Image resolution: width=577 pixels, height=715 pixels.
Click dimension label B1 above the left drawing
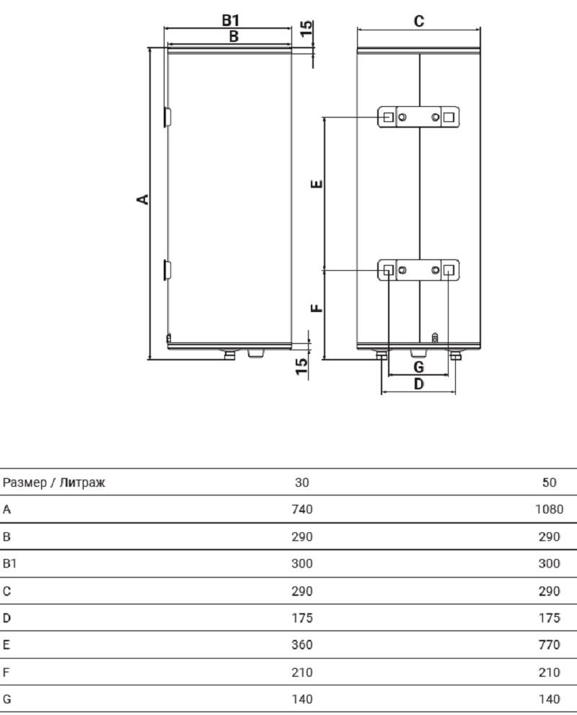(230, 20)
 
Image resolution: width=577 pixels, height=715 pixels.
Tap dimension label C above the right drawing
(418, 21)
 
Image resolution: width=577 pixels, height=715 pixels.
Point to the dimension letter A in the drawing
(143, 199)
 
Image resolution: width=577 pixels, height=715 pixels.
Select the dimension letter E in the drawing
(317, 184)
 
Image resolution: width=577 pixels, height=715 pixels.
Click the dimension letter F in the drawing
(317, 308)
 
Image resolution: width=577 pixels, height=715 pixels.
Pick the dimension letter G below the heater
(418, 367)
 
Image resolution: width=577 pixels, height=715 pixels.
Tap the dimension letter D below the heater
(418, 384)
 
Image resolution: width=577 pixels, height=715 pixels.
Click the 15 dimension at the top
(307, 28)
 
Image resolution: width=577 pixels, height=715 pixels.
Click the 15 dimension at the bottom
(301, 367)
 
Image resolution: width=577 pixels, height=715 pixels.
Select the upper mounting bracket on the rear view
(418, 117)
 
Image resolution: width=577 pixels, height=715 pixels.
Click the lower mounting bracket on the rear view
(418, 270)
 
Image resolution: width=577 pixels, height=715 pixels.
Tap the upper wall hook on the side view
(167, 117)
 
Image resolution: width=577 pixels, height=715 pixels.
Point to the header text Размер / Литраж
(54, 482)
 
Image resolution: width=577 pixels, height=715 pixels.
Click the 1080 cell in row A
(549, 509)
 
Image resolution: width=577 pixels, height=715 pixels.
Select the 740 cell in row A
(302, 509)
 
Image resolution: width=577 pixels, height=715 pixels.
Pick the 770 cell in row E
(549, 645)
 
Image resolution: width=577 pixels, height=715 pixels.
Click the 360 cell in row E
(302, 645)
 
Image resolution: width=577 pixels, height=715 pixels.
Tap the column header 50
(549, 482)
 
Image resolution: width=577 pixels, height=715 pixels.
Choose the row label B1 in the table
(9, 563)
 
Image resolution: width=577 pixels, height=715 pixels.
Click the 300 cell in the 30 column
(302, 563)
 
